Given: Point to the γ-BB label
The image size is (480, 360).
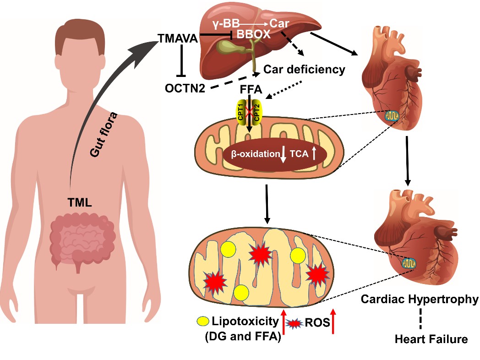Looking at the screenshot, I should pyautogui.click(x=227, y=23).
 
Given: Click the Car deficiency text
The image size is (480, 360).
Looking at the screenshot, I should pyautogui.click(x=304, y=70).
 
